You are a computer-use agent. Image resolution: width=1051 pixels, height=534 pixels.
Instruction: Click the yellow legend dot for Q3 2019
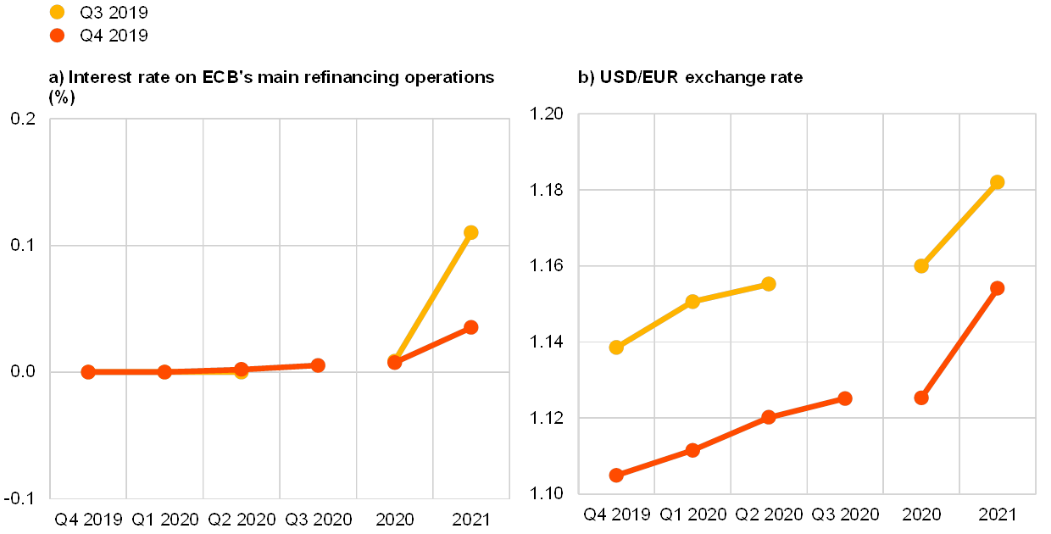(x=58, y=12)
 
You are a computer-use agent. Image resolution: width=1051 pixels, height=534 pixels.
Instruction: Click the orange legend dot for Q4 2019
(x=58, y=36)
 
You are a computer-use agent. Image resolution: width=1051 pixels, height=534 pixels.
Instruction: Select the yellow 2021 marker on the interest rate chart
(x=471, y=232)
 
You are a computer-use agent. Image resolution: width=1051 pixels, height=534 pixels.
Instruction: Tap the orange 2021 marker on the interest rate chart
(x=471, y=327)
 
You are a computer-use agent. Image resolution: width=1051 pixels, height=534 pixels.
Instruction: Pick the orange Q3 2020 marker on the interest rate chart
(x=318, y=365)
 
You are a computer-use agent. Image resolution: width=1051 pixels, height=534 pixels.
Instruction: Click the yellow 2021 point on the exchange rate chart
(x=998, y=182)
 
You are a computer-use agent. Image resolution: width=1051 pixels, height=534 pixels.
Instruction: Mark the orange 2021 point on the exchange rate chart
(x=998, y=288)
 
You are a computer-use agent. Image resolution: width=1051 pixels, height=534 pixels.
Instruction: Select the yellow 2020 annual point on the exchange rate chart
(x=921, y=266)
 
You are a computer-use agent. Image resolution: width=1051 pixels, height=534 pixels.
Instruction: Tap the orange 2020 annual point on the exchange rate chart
(x=921, y=398)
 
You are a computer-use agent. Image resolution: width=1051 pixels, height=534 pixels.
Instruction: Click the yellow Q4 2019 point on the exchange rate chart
(x=616, y=348)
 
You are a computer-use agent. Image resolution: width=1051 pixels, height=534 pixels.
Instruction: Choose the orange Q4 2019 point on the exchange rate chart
(x=616, y=476)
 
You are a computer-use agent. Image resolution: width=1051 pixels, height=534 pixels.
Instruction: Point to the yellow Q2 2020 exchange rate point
(x=769, y=284)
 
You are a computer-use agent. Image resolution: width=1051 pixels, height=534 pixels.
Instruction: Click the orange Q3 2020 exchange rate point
(x=845, y=398)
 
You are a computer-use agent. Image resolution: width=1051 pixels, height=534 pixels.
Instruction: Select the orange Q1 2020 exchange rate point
(x=692, y=450)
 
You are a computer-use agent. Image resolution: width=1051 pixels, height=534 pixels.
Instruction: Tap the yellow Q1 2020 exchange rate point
(x=692, y=302)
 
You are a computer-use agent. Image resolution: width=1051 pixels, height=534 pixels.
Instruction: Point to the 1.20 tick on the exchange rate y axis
(x=547, y=114)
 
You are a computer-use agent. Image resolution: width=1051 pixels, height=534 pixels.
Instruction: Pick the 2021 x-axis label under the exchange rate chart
(x=998, y=514)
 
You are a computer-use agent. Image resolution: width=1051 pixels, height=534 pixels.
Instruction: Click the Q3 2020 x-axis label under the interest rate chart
(x=318, y=519)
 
